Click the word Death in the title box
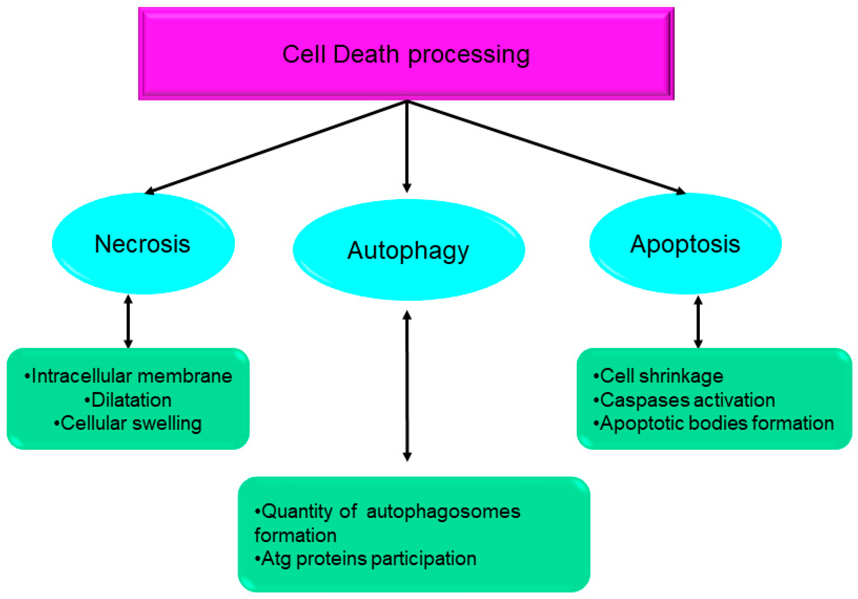(366, 54)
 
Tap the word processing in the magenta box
(469, 55)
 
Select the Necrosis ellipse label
(142, 244)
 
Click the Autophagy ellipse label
(408, 251)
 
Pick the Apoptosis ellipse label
(685, 244)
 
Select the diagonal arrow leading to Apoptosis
(546, 147)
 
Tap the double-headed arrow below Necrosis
(128, 322)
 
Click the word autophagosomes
(443, 512)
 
